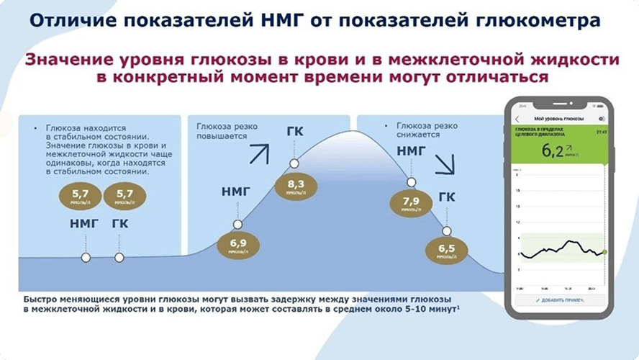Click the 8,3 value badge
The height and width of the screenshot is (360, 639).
295,188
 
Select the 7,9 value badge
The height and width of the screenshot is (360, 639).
412,205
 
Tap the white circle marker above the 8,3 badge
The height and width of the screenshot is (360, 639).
294,163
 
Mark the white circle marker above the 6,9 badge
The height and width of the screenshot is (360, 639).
236,224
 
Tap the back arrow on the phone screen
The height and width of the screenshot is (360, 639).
517,118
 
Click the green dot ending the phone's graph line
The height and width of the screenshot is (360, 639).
604,252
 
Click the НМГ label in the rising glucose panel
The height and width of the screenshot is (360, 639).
237,192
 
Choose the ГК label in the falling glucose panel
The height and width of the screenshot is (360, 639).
447,197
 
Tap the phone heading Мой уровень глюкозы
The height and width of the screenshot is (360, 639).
558,118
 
